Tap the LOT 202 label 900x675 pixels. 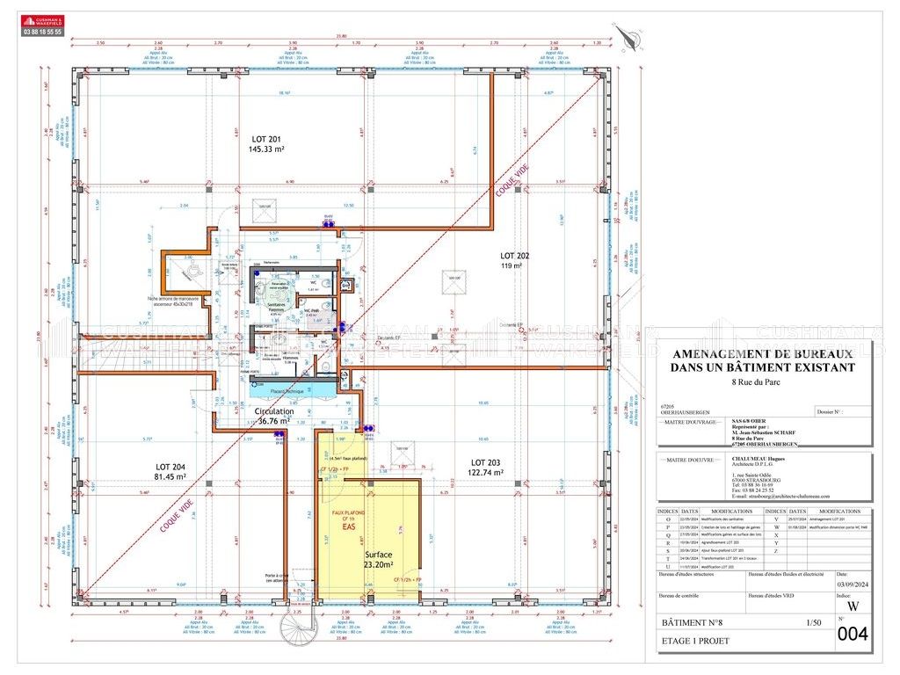[x=512, y=258]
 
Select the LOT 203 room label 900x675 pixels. [x=486, y=467]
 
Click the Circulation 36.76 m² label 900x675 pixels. [x=274, y=416]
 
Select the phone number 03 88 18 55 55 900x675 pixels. [x=42, y=32]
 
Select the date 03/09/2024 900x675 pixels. [x=850, y=583]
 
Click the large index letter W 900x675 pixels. [x=852, y=606]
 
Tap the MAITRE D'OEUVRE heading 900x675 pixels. [x=690, y=459]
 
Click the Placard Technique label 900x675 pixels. [x=287, y=391]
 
